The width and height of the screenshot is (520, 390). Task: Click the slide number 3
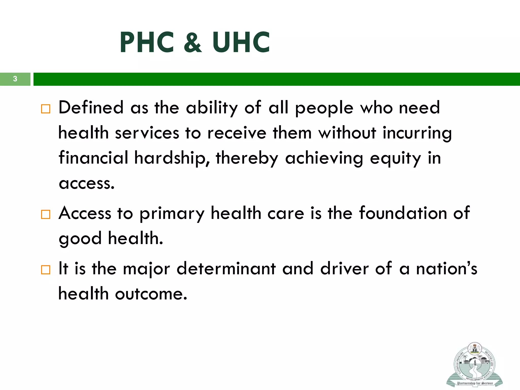pos(15,79)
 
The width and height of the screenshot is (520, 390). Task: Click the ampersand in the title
pos(193,43)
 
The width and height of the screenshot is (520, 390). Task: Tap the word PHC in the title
pos(147,43)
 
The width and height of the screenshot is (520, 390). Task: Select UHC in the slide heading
pos(241,43)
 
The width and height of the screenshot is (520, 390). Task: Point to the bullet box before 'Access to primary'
pos(46,214)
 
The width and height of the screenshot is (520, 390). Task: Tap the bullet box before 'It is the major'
pos(46,270)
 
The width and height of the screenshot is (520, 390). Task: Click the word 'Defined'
pos(91,107)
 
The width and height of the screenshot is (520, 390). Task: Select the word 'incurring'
pos(417,133)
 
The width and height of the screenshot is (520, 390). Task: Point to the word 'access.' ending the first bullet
pos(87,183)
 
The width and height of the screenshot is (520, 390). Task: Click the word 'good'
pos(80,239)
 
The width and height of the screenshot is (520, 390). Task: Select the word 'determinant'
pos(226,269)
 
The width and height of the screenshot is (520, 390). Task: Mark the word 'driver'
pos(344,269)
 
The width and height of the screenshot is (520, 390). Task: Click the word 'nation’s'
pos(447,269)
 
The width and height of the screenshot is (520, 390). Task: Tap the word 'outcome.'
pos(151,294)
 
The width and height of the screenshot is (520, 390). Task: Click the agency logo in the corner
pos(474,365)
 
